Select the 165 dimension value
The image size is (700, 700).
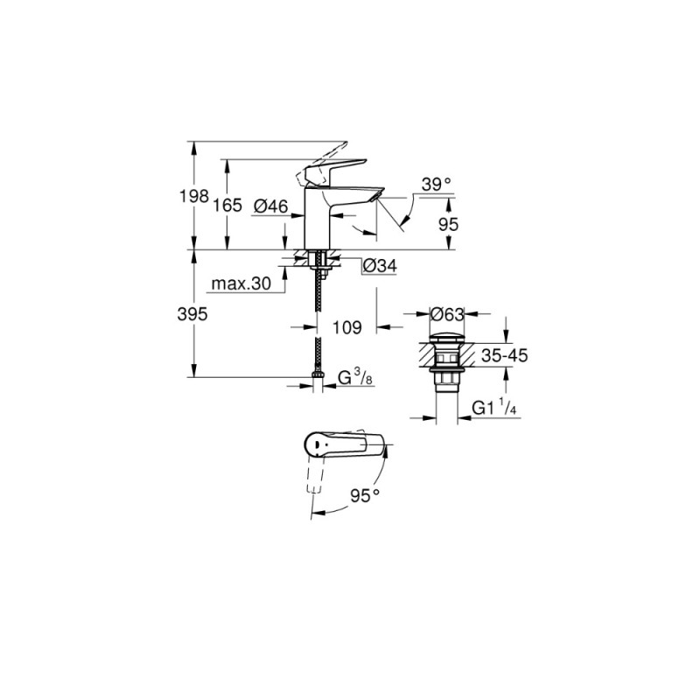click(x=227, y=206)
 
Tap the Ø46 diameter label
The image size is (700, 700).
click(x=271, y=206)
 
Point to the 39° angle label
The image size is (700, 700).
click(x=435, y=184)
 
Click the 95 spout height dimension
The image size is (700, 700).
click(x=448, y=224)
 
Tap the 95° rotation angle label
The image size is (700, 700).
click(x=364, y=494)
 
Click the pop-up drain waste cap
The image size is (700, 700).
click(x=446, y=339)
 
